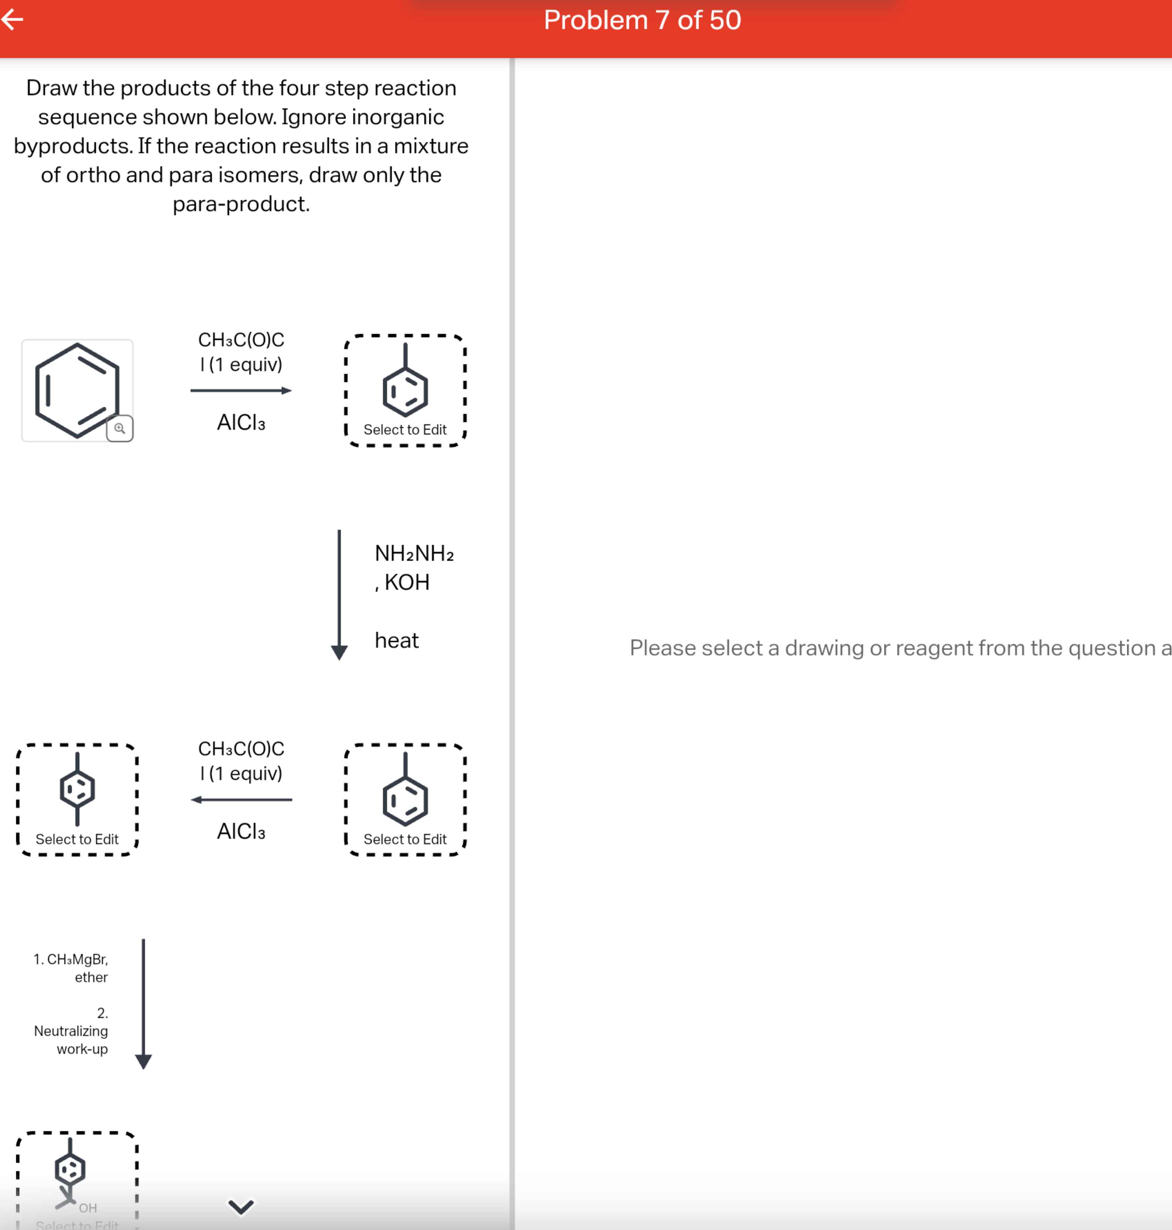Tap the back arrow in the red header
12,20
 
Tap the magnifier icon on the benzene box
119,429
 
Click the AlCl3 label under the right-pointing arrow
241,423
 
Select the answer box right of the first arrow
405,390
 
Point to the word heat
396,640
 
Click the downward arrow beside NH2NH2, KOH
339,593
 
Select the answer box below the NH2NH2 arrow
405,800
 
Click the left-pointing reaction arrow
241,800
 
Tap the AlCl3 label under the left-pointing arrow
241,831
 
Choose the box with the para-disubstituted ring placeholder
77,800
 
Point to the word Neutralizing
71,1031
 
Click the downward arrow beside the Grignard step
144,1003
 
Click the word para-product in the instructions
241,204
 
